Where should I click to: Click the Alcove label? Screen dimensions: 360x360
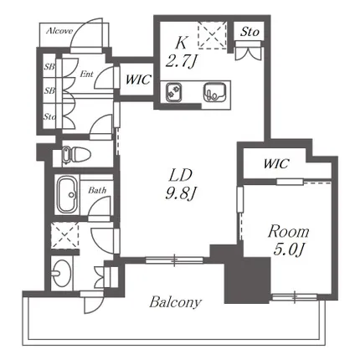coord(59,31)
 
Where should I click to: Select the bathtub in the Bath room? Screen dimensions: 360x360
coord(68,194)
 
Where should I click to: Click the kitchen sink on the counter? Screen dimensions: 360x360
coord(214,92)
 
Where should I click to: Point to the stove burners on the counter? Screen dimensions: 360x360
coord(173,92)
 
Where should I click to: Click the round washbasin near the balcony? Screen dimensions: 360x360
coord(61,273)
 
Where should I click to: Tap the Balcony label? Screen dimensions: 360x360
coord(175,302)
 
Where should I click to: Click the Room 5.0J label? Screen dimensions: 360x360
coord(288,240)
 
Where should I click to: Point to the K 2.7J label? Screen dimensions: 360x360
coord(181,52)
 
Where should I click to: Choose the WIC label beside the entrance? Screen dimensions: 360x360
coord(138,80)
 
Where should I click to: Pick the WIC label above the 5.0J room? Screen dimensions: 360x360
coord(275,163)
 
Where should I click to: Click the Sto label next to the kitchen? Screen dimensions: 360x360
coord(249,32)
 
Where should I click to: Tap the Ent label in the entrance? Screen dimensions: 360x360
coord(86,75)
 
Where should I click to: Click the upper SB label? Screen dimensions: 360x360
coord(49,67)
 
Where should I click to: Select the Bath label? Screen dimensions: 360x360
coord(97,190)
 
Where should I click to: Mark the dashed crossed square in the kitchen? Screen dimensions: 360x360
coord(212,35)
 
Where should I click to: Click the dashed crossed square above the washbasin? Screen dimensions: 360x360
coord(65,235)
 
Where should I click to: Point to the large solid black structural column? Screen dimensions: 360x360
coord(247,280)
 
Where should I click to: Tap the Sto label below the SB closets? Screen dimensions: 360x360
coord(49,116)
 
